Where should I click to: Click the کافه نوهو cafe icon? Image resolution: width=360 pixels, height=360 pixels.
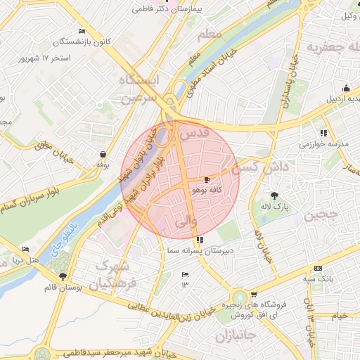click(206, 180)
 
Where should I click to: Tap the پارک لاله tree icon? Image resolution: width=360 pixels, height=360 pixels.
click(274, 196)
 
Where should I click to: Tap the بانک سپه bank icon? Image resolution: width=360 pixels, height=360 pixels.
click(318, 268)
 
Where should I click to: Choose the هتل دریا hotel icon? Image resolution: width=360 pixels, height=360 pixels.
click(26, 250)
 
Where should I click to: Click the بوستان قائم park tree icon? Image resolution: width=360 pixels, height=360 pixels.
click(63, 276)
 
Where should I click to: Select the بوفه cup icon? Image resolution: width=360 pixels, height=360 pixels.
click(103, 154)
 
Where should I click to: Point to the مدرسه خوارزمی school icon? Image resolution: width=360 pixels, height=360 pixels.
click(323, 133)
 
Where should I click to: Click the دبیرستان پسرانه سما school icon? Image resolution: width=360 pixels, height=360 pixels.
click(201, 239)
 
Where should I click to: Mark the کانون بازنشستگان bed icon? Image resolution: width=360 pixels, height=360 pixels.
click(82, 32)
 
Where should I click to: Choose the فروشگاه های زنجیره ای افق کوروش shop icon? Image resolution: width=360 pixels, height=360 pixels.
click(253, 295)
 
